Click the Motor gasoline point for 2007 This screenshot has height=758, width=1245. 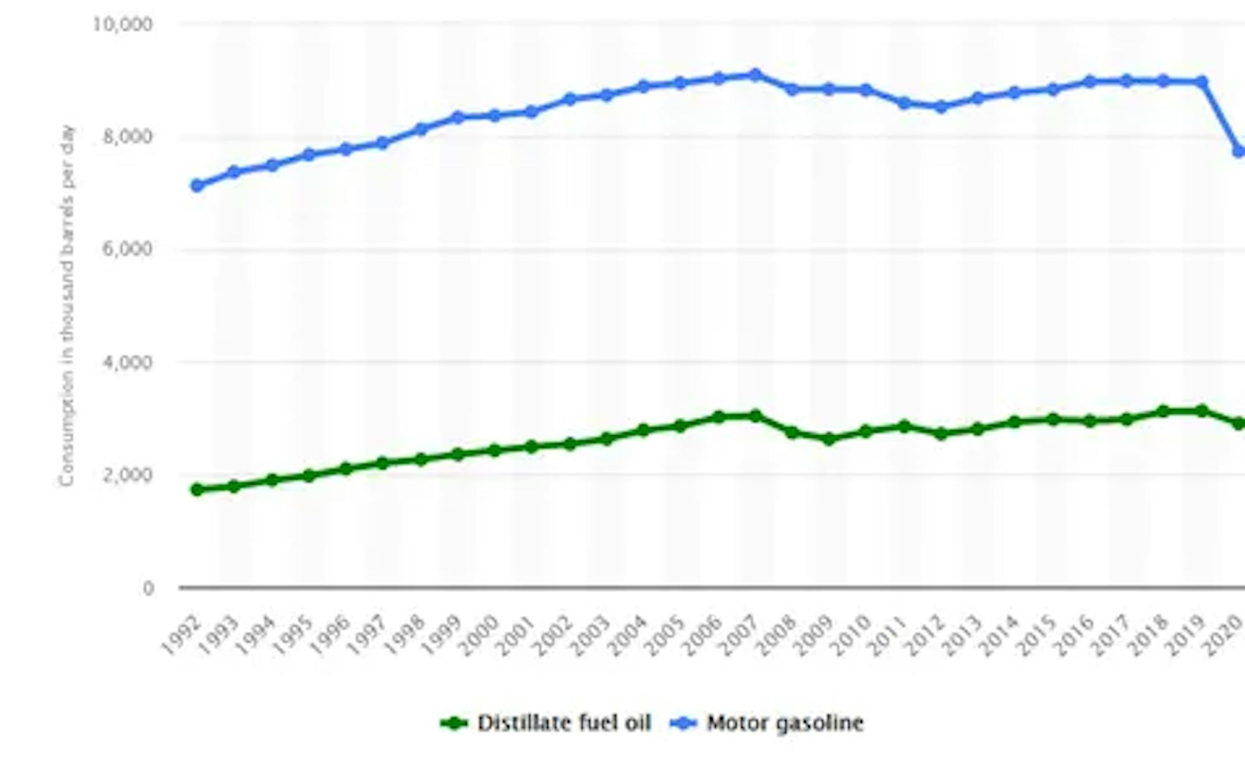[x=755, y=75]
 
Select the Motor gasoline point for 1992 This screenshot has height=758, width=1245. [x=197, y=185]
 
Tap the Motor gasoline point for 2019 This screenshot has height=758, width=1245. [x=1201, y=82]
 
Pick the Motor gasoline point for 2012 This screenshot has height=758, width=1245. [x=941, y=107]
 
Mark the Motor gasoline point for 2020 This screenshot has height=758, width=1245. [x=1238, y=151]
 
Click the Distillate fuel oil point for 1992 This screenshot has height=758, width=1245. [x=197, y=490]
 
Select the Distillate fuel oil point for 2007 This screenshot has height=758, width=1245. [x=755, y=416]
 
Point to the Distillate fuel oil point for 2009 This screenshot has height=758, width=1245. [x=829, y=439]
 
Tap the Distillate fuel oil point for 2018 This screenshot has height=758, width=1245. [x=1163, y=411]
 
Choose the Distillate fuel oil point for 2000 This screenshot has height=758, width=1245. [x=495, y=450]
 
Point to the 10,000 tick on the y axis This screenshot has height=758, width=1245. [x=123, y=25]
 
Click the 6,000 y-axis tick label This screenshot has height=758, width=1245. [x=128, y=250]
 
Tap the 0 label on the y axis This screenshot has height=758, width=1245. [x=148, y=588]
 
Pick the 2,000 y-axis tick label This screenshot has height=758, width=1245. [x=128, y=475]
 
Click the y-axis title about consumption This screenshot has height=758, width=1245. [x=67, y=305]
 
